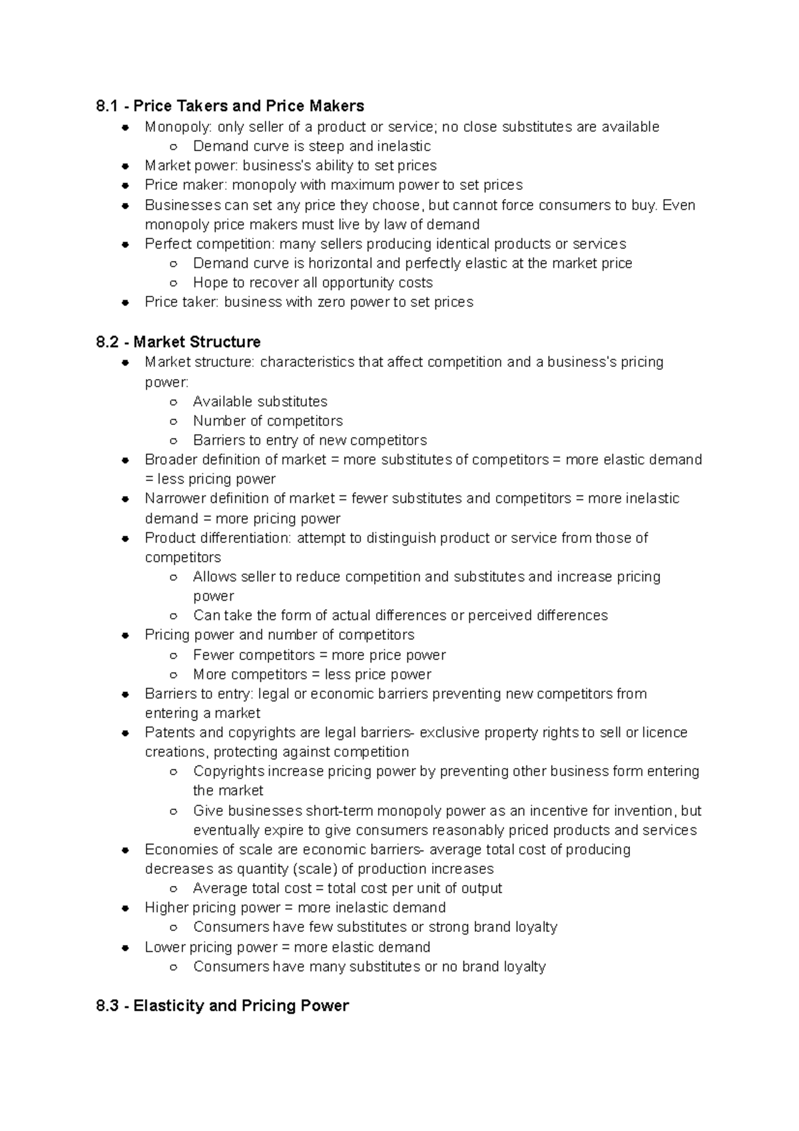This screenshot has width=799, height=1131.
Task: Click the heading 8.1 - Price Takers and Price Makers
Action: click(x=230, y=106)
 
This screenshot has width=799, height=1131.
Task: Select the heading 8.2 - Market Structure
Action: click(x=178, y=342)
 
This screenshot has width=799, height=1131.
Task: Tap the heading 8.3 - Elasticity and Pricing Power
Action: click(x=222, y=1006)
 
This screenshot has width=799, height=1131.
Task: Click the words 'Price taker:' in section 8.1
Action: click(x=181, y=302)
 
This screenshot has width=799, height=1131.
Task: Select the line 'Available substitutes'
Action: click(x=260, y=402)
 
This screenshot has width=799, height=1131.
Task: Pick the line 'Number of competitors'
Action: click(x=268, y=421)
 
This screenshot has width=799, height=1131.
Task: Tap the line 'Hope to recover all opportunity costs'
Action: click(x=312, y=283)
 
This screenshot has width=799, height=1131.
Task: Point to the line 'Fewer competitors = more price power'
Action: click(x=319, y=655)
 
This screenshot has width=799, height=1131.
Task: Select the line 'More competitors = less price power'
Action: click(x=312, y=675)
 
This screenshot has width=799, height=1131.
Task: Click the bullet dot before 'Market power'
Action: click(x=125, y=166)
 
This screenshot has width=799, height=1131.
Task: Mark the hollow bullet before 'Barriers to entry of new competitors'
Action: click(x=173, y=441)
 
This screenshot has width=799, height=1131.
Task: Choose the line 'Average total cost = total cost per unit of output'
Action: click(x=347, y=889)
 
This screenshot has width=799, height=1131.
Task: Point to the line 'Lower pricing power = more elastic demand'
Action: click(x=287, y=947)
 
